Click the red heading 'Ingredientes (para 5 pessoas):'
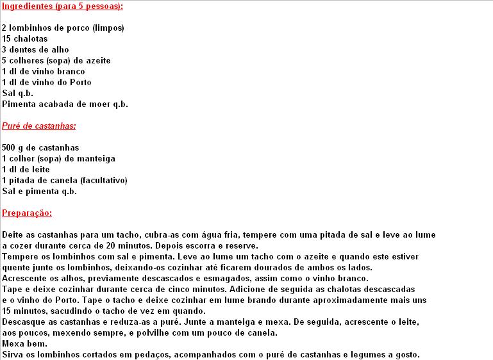62,6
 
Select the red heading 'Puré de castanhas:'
39,126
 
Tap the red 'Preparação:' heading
27,213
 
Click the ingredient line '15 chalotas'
25,39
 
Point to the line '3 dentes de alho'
35,50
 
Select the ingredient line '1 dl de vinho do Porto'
47,82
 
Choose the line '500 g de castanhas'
40,148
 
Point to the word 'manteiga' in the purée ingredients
98,159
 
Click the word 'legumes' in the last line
373,355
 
